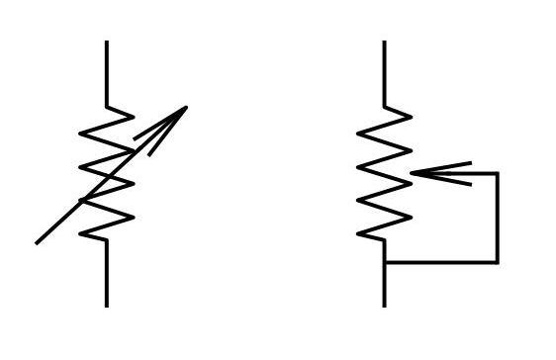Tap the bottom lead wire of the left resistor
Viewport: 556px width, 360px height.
click(x=107, y=272)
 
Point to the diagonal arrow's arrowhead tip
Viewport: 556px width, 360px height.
click(x=186, y=107)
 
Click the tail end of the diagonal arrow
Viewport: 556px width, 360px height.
click(x=37, y=242)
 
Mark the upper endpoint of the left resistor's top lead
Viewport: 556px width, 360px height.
click(x=107, y=42)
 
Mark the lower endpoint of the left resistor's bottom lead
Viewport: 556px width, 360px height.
click(x=107, y=306)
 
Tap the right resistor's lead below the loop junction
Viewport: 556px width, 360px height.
click(x=385, y=285)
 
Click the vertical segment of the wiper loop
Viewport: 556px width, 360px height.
click(x=497, y=218)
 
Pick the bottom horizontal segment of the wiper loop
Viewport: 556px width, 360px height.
click(x=440, y=262)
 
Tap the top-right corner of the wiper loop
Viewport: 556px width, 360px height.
click(x=497, y=173)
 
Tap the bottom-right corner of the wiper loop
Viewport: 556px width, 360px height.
click(x=497, y=262)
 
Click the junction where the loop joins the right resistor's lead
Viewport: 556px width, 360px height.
click(x=385, y=262)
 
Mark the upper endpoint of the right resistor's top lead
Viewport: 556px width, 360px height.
click(x=385, y=42)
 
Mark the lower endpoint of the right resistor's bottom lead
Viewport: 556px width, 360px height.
click(x=385, y=306)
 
